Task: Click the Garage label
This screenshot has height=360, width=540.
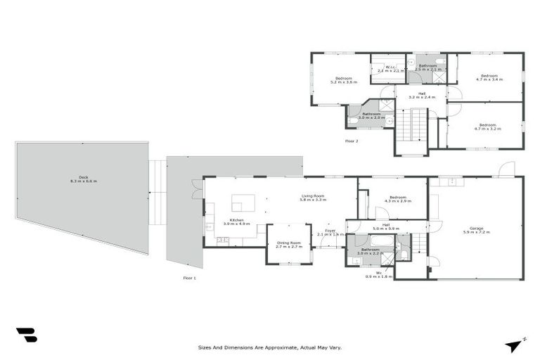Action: coord(476,229)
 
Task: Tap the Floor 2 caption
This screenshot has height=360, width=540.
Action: coord(352,141)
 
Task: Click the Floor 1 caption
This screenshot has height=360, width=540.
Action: coord(189,278)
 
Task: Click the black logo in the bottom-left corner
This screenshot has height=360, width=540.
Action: coord(26,335)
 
